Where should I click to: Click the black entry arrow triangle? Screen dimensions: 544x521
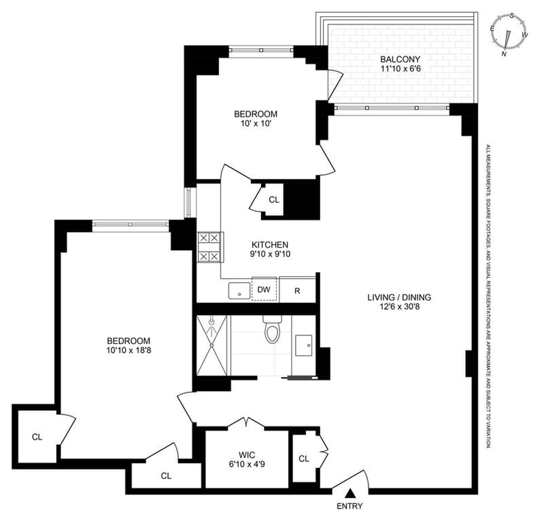pyautogui.click(x=351, y=493)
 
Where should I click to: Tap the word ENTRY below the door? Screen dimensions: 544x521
pyautogui.click(x=350, y=506)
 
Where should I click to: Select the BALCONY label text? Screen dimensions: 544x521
pyautogui.click(x=400, y=59)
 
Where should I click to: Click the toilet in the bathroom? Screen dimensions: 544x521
pyautogui.click(x=271, y=329)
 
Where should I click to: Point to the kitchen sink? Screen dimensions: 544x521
pyautogui.click(x=239, y=291)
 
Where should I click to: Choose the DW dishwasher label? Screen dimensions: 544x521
pyautogui.click(x=264, y=290)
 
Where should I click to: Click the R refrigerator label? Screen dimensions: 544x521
pyautogui.click(x=297, y=291)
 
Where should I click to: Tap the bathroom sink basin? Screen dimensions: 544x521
pyautogui.click(x=303, y=346)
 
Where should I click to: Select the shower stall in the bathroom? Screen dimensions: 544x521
pyautogui.click(x=211, y=346)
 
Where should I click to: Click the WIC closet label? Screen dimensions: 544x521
pyautogui.click(x=247, y=455)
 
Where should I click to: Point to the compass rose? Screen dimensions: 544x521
pyautogui.click(x=509, y=34)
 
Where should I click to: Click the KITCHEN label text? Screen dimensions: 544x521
pyautogui.click(x=270, y=244)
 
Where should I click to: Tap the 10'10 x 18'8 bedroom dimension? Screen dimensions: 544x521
pyautogui.click(x=129, y=350)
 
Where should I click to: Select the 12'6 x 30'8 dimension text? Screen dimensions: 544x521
pyautogui.click(x=399, y=307)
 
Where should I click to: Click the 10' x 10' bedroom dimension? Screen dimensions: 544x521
pyautogui.click(x=256, y=123)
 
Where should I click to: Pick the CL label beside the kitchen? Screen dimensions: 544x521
pyautogui.click(x=274, y=200)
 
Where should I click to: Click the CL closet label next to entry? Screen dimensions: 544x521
pyautogui.click(x=304, y=459)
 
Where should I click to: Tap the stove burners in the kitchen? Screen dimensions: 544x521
pyautogui.click(x=209, y=248)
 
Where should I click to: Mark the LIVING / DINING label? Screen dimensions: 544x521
pyautogui.click(x=399, y=297)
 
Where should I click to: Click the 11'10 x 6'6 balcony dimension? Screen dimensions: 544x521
pyautogui.click(x=401, y=69)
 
